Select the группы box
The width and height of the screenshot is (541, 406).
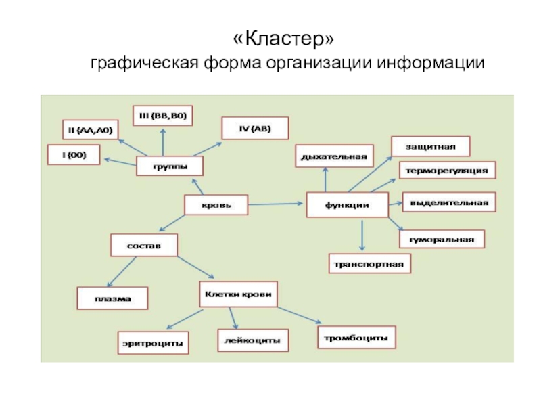[x=170, y=166]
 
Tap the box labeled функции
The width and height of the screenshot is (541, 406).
[x=347, y=205]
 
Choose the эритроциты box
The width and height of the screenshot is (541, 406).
[x=152, y=342]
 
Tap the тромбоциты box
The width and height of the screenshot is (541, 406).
[x=355, y=336]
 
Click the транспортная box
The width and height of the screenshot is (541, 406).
[x=369, y=263]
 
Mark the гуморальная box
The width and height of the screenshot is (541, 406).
[x=442, y=240]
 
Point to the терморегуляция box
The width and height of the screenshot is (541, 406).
[x=447, y=171]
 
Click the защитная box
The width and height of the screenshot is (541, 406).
[x=431, y=146]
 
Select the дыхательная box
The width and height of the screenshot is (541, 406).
[x=333, y=156]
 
